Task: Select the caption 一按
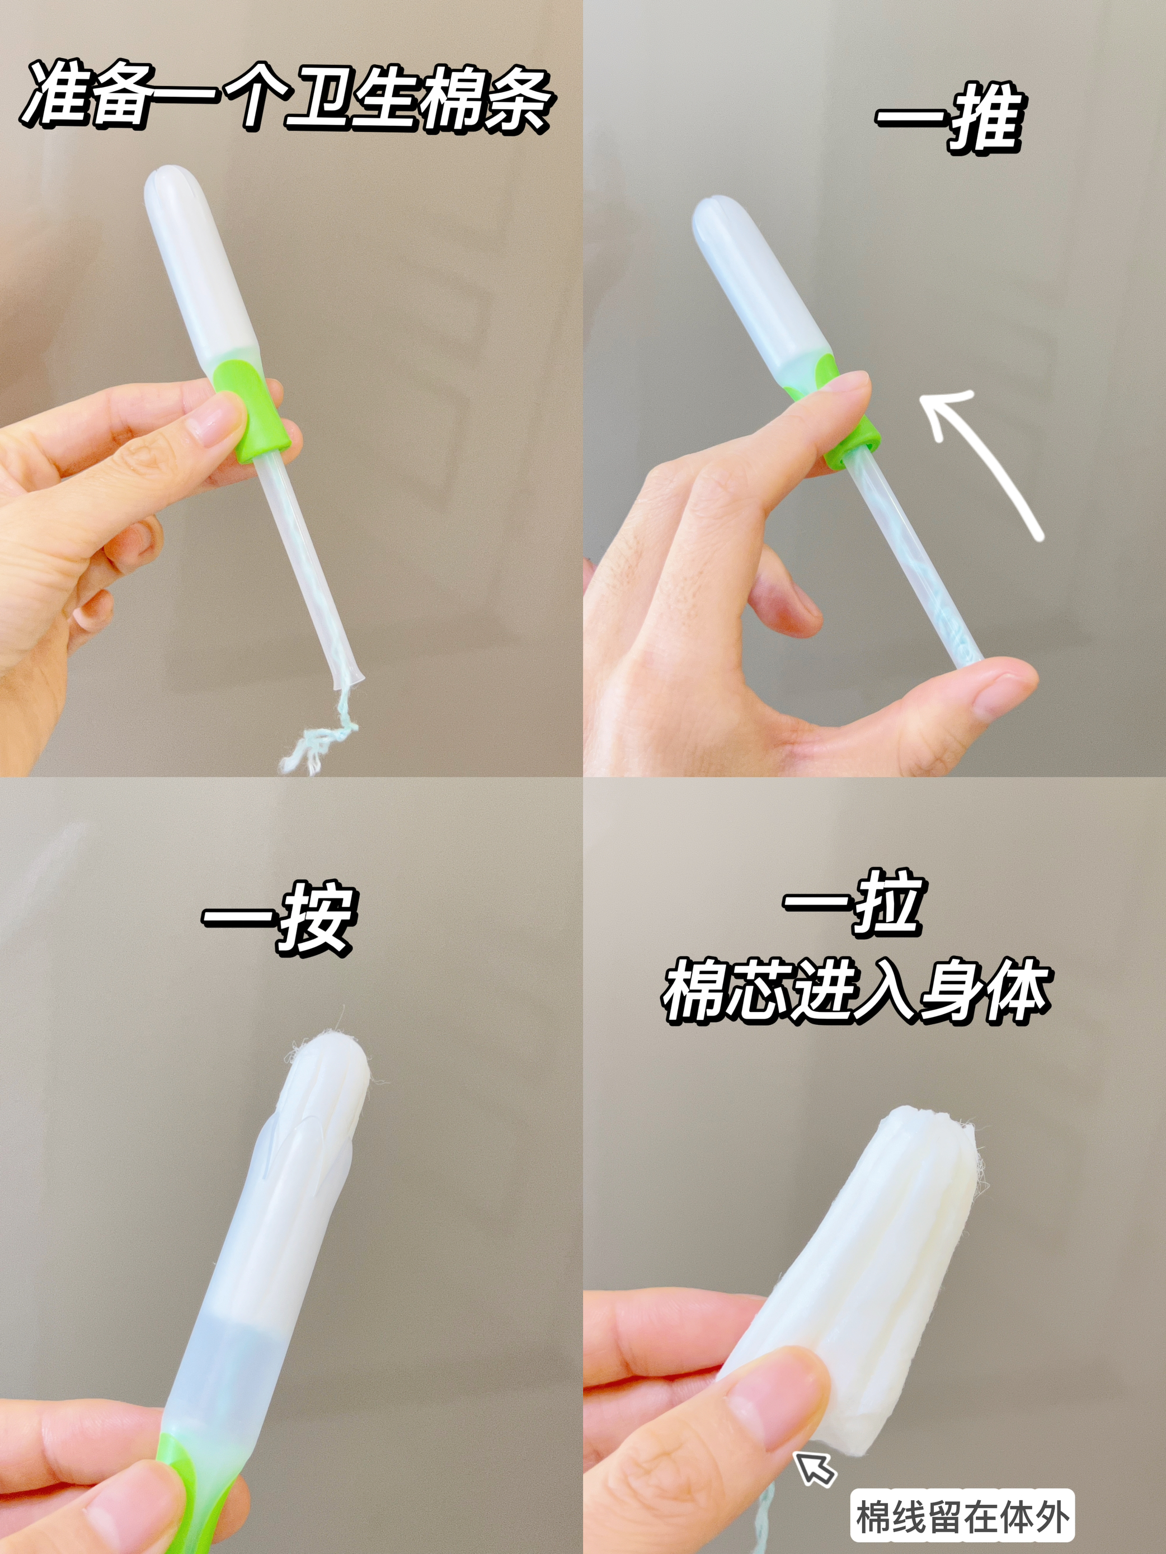click(280, 920)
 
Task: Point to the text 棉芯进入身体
click(855, 991)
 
